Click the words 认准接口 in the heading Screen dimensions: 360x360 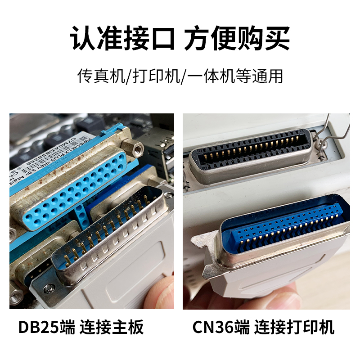click(122, 39)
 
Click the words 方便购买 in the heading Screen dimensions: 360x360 click(237, 39)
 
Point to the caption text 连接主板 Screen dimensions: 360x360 click(112, 327)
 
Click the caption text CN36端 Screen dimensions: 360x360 click(221, 327)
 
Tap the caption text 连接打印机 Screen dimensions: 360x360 click(294, 327)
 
